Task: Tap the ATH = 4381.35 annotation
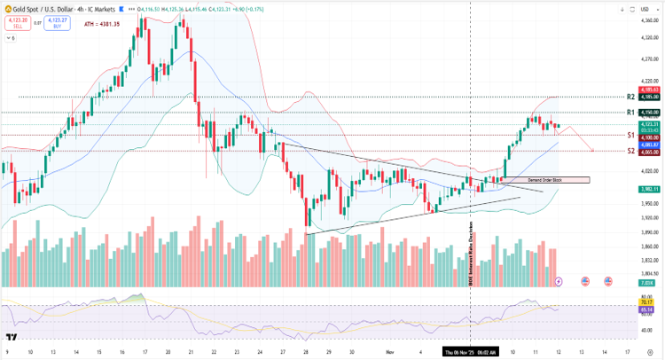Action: pyautogui.click(x=103, y=24)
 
